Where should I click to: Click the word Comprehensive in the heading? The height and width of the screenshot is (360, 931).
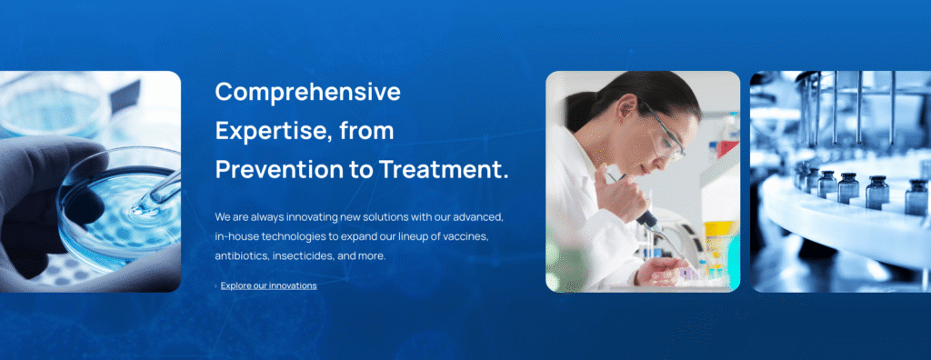coord(307,92)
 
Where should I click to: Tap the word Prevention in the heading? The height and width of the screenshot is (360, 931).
coord(278,169)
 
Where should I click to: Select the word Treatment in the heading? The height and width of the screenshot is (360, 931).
coord(444,169)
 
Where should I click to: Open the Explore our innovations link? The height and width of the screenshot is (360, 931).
coord(268,285)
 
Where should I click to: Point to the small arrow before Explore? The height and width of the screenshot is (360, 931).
coord(216,286)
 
